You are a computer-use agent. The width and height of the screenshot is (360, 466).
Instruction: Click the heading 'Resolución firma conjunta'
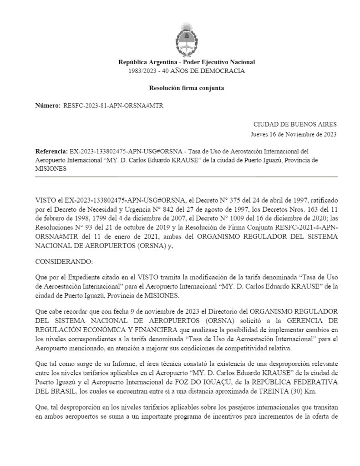point(186,88)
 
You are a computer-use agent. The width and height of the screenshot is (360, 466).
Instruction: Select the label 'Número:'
point(48,106)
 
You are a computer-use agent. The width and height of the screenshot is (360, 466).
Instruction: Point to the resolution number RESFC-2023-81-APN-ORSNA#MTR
point(113,106)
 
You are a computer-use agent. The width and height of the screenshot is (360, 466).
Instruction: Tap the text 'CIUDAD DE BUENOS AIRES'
point(295,124)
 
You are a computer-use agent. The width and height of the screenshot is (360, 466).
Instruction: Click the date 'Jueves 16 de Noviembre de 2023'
point(294,134)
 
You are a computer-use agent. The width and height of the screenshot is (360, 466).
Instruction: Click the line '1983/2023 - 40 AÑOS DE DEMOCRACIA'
point(187,71)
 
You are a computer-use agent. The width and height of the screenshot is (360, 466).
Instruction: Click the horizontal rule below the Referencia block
point(186,177)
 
